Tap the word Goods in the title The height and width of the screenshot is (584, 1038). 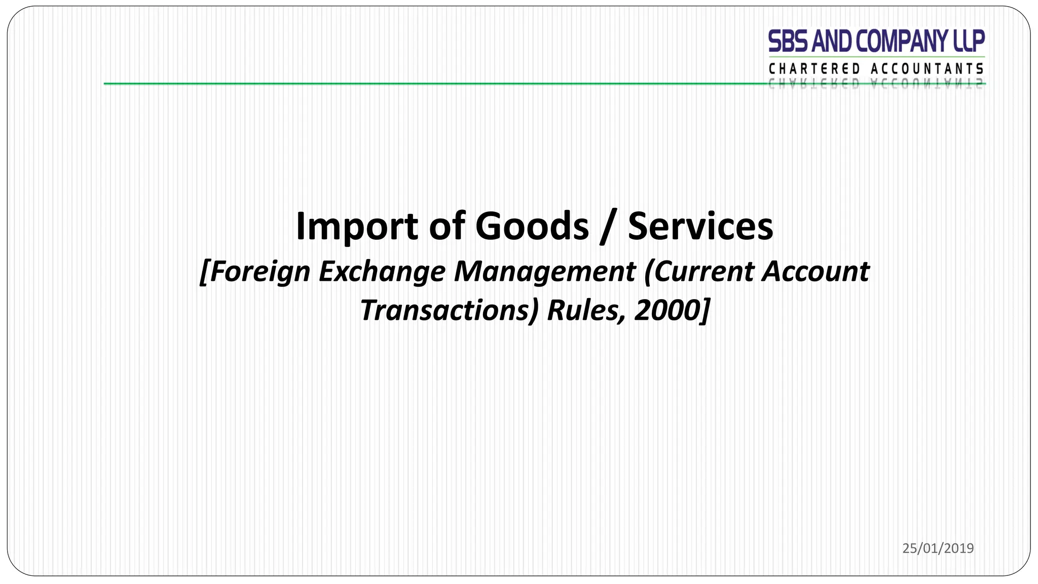[532, 226]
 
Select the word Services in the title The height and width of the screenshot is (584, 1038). [700, 226]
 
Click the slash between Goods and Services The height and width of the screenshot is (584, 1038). [603, 227]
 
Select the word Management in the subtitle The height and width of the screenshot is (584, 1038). [544, 272]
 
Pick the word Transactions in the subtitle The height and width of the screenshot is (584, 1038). [449, 310]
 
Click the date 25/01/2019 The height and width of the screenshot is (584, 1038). [938, 548]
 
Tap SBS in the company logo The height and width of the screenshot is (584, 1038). [788, 42]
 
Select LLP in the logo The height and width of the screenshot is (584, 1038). [969, 42]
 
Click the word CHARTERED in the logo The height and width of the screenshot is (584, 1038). [814, 69]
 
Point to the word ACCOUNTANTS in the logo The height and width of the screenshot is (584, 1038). [927, 69]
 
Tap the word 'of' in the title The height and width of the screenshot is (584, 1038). [447, 226]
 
